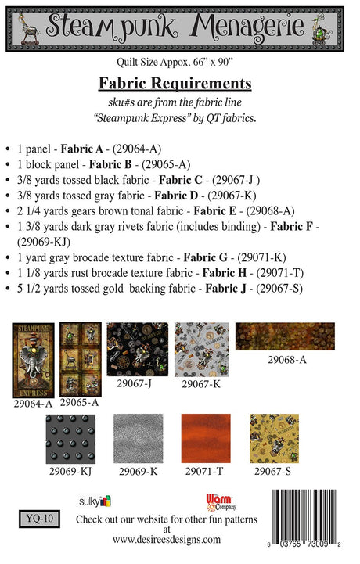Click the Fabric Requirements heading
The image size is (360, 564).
coord(175,83)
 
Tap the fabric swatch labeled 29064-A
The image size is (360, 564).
coord(33,361)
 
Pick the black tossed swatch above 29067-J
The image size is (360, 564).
coord(137,350)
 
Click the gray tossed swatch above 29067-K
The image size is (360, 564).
coord(201,350)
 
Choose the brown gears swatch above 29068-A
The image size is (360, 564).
coord(285,336)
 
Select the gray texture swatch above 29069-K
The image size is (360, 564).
coord(138,439)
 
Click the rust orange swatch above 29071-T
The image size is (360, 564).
coord(205,439)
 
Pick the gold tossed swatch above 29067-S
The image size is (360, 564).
coord(274,439)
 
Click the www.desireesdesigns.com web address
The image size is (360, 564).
coord(166,539)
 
